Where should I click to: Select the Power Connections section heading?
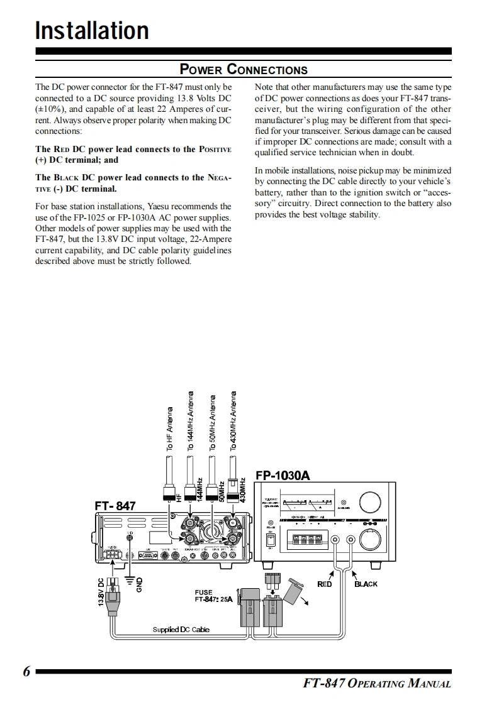[x=244, y=69]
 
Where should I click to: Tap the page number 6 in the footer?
[x=26, y=671]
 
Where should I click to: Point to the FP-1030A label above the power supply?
[x=283, y=475]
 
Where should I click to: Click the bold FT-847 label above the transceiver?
[x=115, y=505]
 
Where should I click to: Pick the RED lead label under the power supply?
[x=324, y=584]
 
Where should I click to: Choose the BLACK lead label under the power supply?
[x=366, y=584]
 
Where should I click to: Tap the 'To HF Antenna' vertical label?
[x=170, y=430]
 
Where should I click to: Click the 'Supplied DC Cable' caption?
[x=181, y=629]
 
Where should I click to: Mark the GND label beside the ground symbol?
[x=140, y=584]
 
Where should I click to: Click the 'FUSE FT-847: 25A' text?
[x=213, y=596]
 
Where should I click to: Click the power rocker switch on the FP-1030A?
[x=271, y=539]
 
